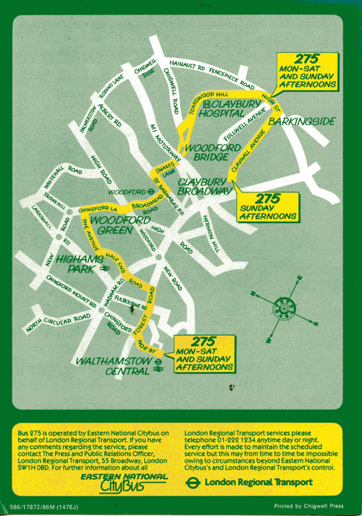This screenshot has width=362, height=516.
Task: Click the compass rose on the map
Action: pos(285,309)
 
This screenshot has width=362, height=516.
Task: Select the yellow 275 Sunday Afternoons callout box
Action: pos(268,206)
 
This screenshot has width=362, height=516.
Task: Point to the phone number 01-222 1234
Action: pos(227,441)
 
